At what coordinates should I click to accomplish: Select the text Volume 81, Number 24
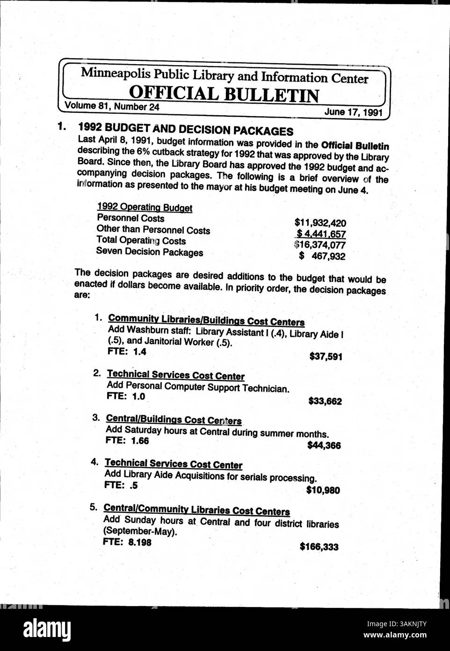112,106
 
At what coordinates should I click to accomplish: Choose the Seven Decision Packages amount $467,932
322,256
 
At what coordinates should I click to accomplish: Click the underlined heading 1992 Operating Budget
145,207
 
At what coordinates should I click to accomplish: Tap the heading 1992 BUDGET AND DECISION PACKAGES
186,130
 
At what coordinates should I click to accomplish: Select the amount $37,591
326,357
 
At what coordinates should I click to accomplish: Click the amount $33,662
325,401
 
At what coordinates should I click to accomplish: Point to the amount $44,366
324,445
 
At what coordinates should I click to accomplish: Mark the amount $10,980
323,490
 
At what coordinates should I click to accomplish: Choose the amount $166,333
319,547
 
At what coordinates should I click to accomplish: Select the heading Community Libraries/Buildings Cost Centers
206,321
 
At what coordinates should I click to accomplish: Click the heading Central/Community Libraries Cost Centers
196,510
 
